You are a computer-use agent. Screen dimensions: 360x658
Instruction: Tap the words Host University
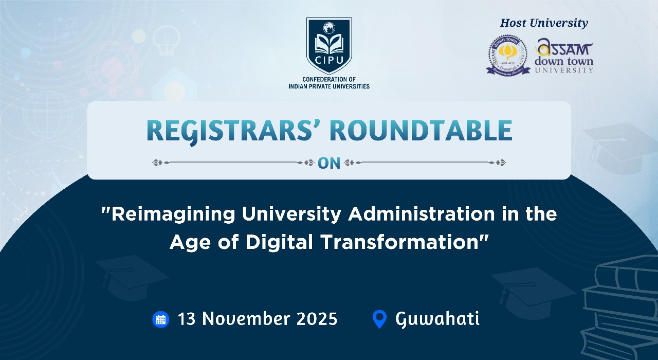(544, 23)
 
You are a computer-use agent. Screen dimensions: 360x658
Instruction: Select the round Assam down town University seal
(508, 55)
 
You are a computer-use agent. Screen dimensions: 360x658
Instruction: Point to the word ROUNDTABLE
(421, 131)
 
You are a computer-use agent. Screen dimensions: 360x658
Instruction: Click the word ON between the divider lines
(329, 163)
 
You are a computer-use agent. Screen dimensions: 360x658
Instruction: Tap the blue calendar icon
(161, 319)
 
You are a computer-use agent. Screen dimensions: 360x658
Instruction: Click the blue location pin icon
(379, 319)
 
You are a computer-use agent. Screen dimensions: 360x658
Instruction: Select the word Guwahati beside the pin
(437, 319)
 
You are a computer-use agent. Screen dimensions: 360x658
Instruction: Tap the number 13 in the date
(188, 319)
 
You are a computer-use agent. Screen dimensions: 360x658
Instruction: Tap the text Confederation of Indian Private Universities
(329, 82)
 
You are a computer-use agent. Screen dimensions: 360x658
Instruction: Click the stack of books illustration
(622, 309)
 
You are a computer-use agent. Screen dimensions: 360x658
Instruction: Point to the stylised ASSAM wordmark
(564, 49)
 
